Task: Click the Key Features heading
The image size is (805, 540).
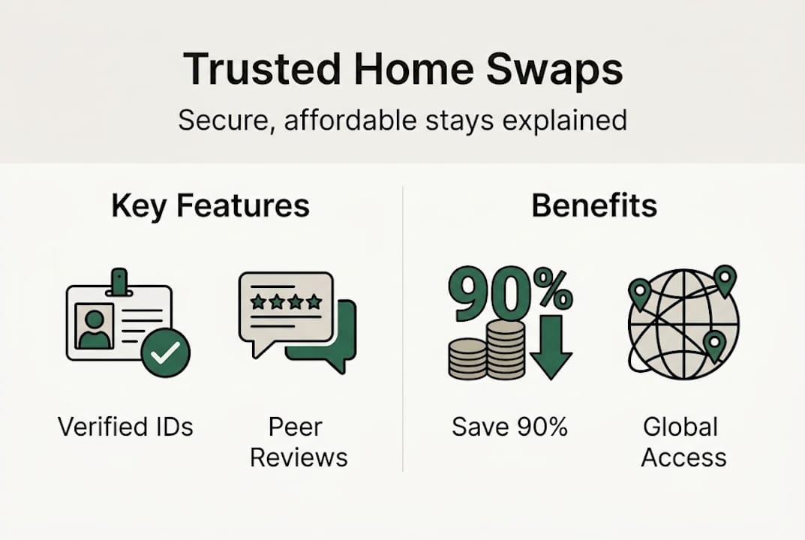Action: [210, 206]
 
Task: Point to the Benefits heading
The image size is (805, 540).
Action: [594, 206]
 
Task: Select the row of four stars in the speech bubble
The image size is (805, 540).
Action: [285, 302]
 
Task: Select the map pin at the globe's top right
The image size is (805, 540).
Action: [725, 279]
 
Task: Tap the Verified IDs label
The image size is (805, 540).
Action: [125, 427]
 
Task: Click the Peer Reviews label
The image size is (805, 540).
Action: [299, 442]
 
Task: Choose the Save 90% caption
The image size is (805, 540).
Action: [509, 427]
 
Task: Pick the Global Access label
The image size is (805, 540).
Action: [683, 442]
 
